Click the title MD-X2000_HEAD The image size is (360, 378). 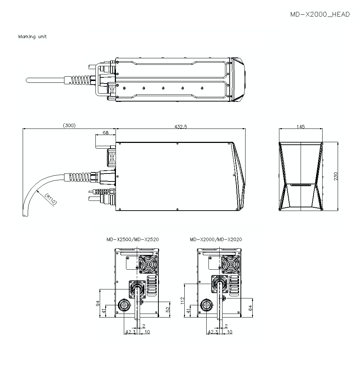[320, 15]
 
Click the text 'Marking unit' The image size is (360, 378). [32, 37]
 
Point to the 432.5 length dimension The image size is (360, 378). [181, 126]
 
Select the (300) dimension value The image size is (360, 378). [69, 126]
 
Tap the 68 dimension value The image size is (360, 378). [105, 132]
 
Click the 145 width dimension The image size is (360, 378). [301, 126]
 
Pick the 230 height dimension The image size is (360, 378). [336, 176]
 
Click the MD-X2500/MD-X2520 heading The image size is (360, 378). [132, 239]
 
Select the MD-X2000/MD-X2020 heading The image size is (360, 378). [216, 239]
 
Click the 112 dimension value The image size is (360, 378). [182, 300]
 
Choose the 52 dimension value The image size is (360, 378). [167, 309]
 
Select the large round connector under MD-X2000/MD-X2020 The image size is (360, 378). [207, 305]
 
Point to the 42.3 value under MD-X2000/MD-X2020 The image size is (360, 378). [212, 332]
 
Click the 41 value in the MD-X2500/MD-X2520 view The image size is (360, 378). [104, 311]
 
